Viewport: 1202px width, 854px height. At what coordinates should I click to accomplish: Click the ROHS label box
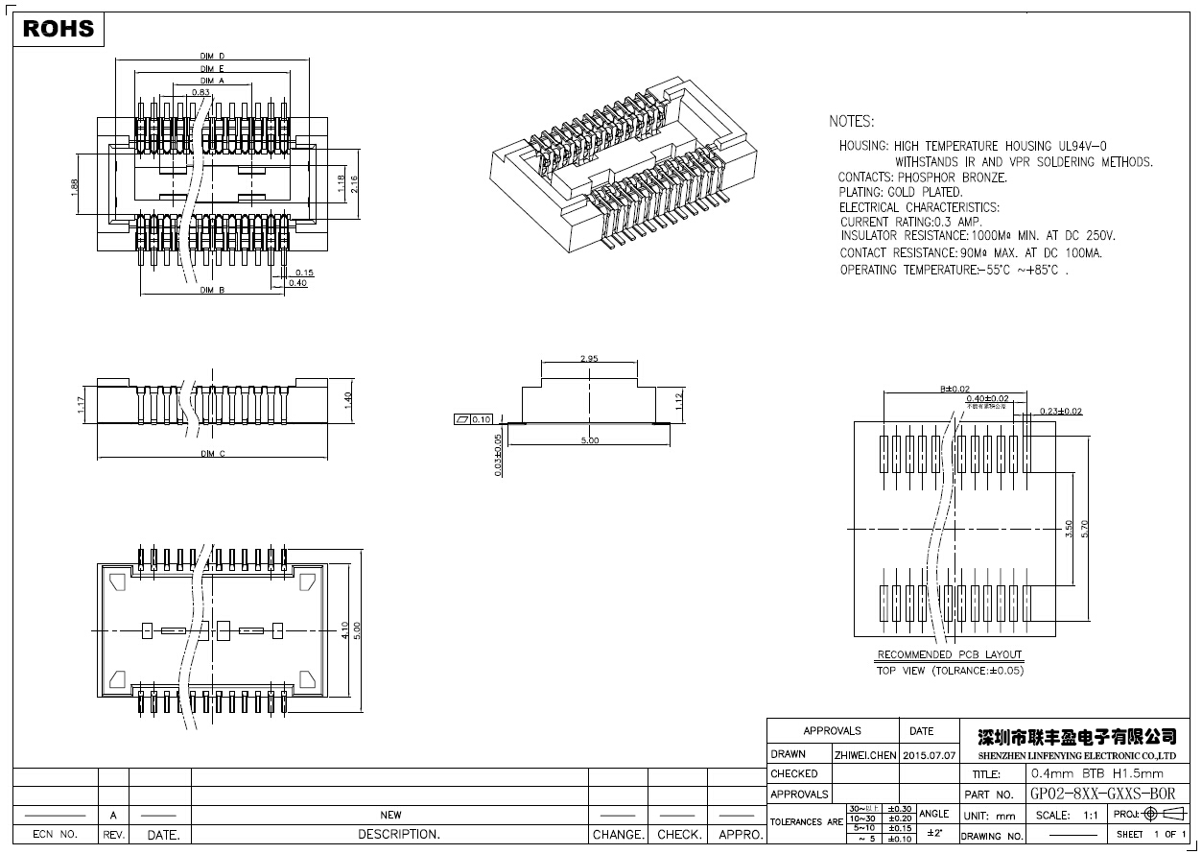(x=59, y=29)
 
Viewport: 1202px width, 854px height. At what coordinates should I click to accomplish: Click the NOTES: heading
(x=851, y=122)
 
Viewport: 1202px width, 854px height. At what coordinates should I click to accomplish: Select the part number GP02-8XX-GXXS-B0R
(x=1102, y=795)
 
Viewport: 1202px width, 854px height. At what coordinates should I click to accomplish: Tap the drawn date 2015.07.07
(x=930, y=755)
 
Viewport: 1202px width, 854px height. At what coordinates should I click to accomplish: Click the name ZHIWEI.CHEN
(x=865, y=755)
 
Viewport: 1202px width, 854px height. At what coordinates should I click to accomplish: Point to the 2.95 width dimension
(x=589, y=358)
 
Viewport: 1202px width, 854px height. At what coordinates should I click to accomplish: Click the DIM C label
(x=212, y=454)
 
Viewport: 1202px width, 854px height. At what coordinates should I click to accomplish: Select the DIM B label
(x=212, y=290)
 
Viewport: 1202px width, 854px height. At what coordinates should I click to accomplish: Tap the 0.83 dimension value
(x=200, y=92)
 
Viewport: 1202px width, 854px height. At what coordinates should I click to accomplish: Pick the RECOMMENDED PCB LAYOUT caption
(x=950, y=655)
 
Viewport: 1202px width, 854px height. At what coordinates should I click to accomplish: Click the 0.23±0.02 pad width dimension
(x=1061, y=411)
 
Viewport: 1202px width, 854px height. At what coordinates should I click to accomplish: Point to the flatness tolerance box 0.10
(x=472, y=419)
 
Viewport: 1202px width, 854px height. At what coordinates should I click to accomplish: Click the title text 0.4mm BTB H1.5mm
(x=1096, y=773)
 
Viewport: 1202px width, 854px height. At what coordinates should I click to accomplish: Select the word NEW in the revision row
(x=390, y=815)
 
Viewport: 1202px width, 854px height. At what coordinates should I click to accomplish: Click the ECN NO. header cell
(x=55, y=835)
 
